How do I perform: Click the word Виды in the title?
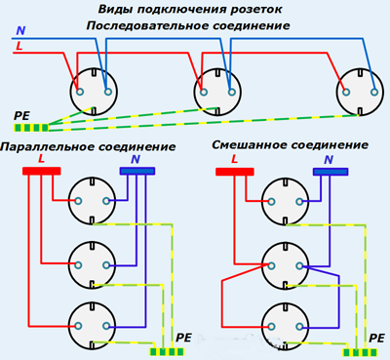(116, 10)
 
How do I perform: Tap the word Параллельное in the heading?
(47, 147)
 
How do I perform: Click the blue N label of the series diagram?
(20, 31)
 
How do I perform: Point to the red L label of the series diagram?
(19, 46)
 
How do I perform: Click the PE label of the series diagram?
(21, 116)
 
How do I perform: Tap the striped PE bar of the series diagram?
(31, 128)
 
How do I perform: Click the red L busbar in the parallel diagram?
(42, 171)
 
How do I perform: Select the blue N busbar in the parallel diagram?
(137, 171)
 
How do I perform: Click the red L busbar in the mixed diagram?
(235, 172)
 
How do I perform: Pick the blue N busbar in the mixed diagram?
(331, 172)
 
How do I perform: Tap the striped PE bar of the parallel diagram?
(167, 351)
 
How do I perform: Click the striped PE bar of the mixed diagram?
(361, 352)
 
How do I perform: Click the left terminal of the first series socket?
(80, 92)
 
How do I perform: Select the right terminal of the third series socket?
(374, 92)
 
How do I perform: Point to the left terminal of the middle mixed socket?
(271, 265)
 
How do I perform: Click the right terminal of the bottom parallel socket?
(106, 326)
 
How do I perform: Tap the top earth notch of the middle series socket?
(216, 72)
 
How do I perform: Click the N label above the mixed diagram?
(329, 160)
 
